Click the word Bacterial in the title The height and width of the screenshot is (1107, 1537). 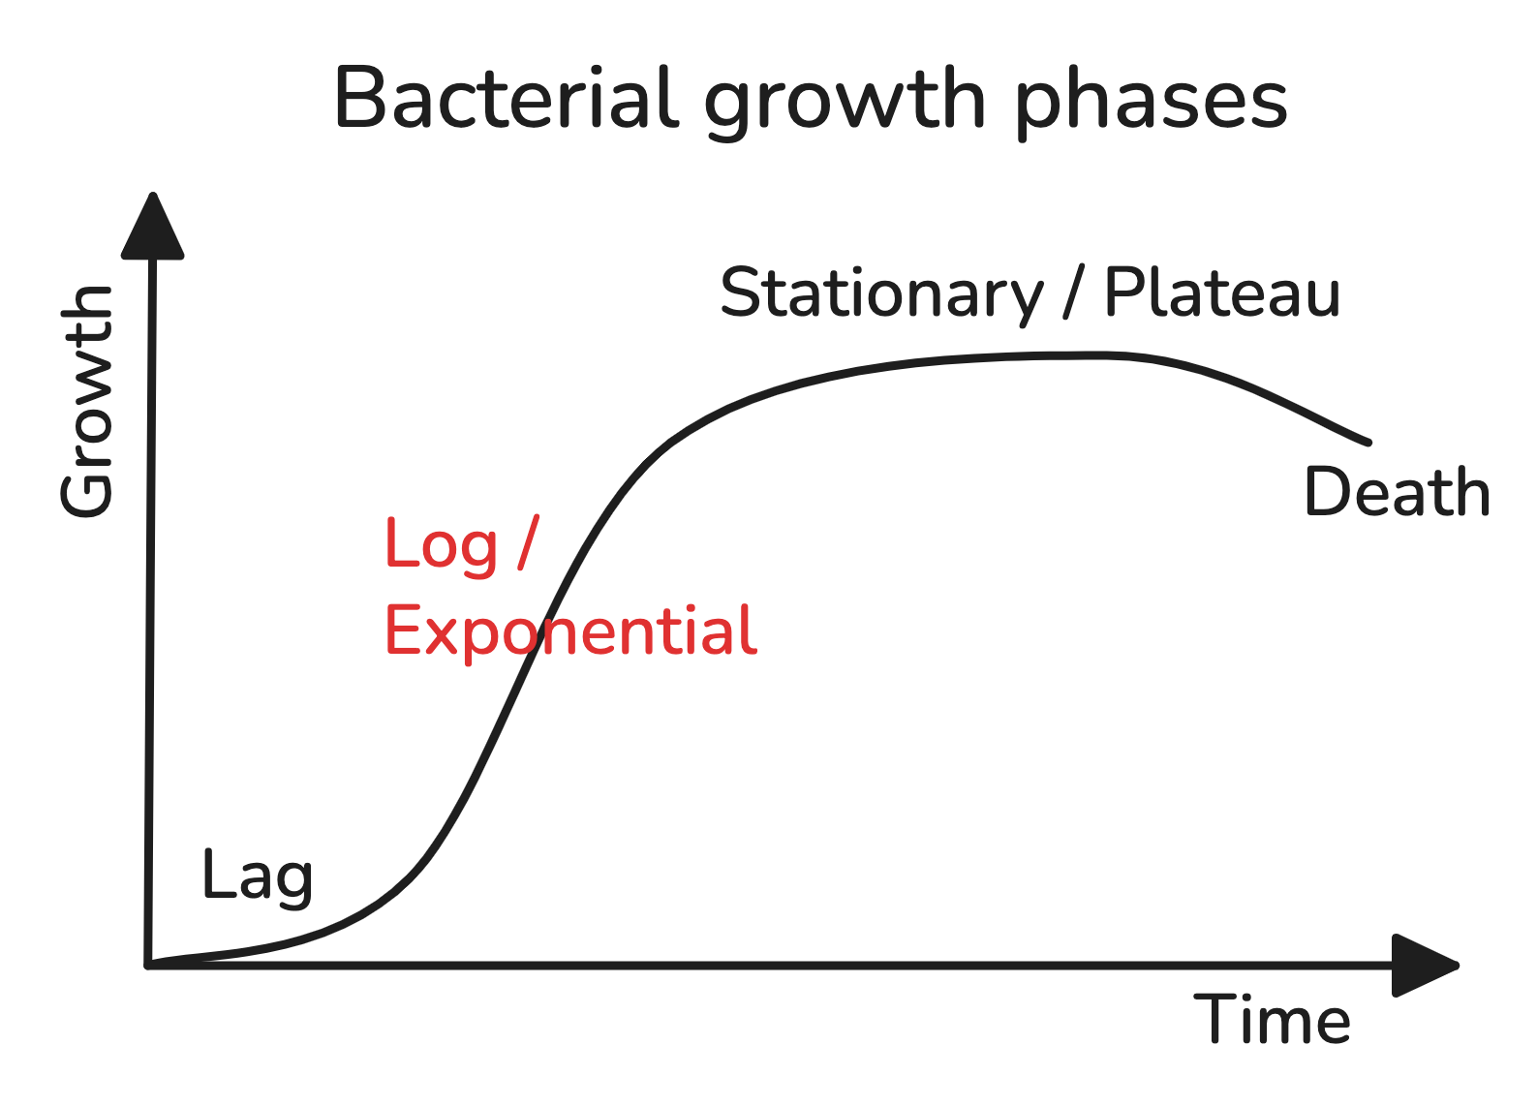(507, 98)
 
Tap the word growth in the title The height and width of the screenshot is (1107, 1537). (845, 103)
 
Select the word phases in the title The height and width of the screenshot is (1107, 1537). (1152, 103)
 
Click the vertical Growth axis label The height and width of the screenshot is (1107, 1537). (86, 401)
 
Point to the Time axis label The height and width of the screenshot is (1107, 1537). (1273, 1020)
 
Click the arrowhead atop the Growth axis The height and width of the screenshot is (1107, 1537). (152, 227)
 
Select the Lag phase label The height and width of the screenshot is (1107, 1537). (258, 877)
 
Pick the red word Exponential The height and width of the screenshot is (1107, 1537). (570, 632)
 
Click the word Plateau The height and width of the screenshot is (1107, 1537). (1222, 292)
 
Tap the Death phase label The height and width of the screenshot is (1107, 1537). (1397, 491)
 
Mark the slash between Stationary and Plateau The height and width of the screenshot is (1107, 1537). (1074, 292)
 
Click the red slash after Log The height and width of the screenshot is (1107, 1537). (528, 542)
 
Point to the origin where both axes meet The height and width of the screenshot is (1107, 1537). (148, 966)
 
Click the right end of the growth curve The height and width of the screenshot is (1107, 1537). (1369, 443)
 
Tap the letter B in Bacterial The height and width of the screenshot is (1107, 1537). (359, 98)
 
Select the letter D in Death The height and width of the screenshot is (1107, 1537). (1328, 491)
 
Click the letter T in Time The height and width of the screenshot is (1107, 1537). (1215, 1020)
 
